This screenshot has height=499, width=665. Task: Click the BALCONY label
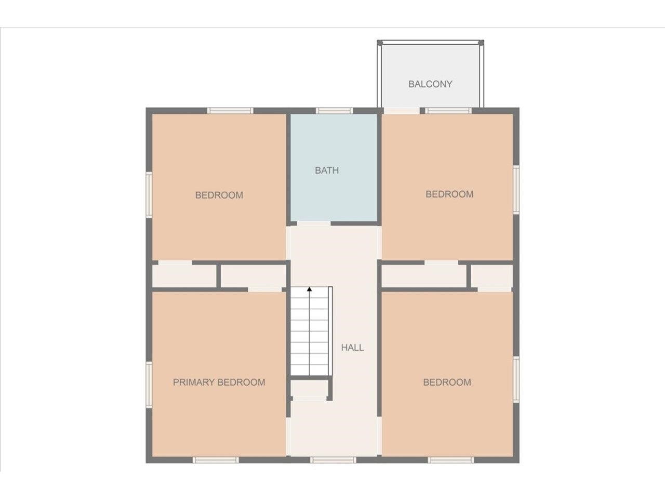(430, 84)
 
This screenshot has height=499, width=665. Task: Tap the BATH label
(327, 170)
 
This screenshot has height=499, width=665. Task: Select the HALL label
(352, 348)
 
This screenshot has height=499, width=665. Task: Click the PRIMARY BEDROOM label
(219, 382)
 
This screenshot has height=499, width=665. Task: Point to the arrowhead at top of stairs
(310, 288)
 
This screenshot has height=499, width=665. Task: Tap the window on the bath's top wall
(334, 110)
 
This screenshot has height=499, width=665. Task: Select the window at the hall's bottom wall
(333, 459)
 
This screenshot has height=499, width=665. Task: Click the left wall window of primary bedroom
(149, 385)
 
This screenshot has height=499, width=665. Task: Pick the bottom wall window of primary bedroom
(216, 459)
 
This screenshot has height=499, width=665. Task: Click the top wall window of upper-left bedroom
(230, 110)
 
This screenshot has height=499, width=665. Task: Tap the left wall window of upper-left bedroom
(149, 195)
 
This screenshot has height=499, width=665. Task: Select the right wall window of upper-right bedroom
(516, 189)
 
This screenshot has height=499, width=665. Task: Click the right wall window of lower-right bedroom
(516, 379)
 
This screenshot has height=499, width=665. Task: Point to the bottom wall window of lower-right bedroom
(451, 459)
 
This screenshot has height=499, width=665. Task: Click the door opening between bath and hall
(313, 224)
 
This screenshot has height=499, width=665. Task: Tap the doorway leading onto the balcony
(402, 110)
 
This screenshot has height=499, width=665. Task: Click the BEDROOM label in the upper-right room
(449, 194)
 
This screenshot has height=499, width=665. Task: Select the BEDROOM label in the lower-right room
(447, 382)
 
